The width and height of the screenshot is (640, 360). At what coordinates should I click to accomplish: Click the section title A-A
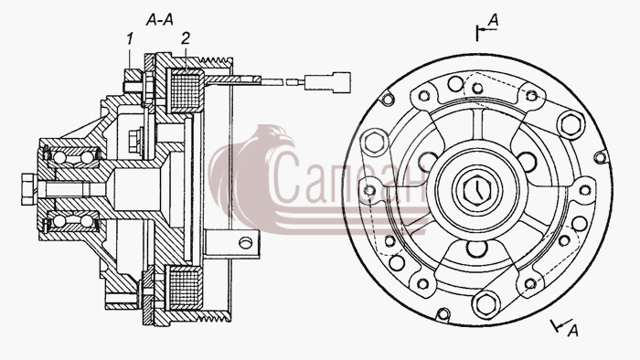[160, 19]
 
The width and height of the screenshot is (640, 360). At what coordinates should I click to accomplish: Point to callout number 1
[130, 39]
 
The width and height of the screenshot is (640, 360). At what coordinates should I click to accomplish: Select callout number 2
[186, 38]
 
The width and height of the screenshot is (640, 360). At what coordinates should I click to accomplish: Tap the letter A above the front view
[494, 20]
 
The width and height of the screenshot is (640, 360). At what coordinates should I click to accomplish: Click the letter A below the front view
[573, 330]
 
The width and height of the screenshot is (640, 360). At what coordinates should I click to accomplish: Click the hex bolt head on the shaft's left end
[28, 189]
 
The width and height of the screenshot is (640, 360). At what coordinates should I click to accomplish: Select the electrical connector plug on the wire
[327, 82]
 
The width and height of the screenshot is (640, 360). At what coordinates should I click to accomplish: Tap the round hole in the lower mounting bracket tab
[245, 243]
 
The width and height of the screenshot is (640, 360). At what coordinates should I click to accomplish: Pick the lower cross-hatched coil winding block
[186, 288]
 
